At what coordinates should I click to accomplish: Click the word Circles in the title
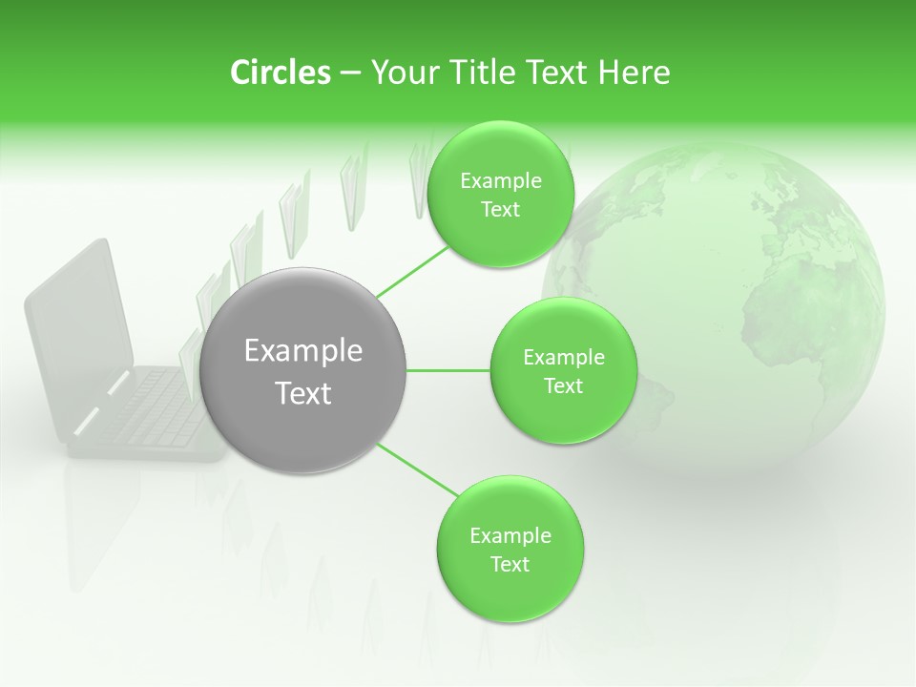click(280, 73)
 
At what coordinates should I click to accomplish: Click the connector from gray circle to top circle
click(412, 272)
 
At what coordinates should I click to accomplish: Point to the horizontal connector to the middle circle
click(448, 370)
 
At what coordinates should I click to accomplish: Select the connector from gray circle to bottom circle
click(418, 470)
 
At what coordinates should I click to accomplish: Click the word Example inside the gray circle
click(303, 351)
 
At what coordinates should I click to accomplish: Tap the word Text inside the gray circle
click(303, 393)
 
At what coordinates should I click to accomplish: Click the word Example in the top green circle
click(500, 181)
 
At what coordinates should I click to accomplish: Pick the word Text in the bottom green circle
click(510, 564)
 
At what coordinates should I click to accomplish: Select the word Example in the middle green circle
click(563, 358)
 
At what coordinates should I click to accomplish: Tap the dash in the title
click(350, 73)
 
